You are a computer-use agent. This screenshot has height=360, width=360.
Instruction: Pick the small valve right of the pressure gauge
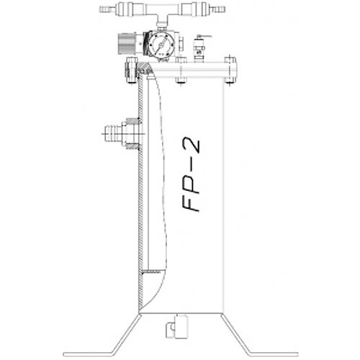click(x=199, y=46)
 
